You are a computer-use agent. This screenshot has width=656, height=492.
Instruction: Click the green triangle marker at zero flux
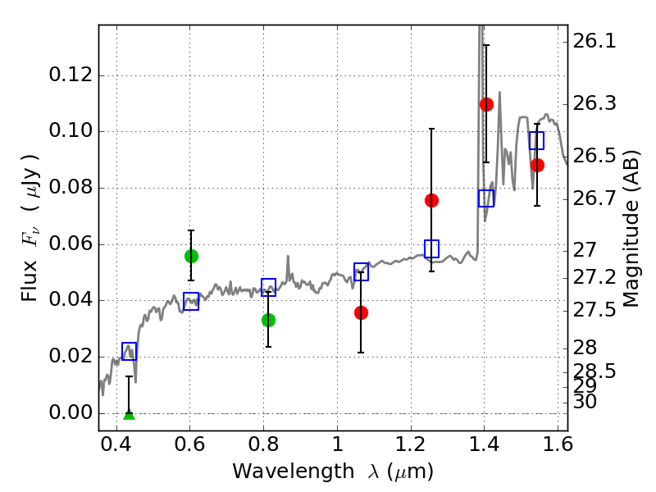pos(129,413)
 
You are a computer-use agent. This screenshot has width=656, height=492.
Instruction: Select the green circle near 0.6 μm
pos(191,256)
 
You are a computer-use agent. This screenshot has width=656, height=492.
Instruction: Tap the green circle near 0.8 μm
pos(268,320)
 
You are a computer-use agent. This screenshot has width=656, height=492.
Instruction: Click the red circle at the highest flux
pos(486,104)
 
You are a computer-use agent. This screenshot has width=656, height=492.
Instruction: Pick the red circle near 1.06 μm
pos(361,312)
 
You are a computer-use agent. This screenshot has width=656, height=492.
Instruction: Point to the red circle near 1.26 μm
pos(431,200)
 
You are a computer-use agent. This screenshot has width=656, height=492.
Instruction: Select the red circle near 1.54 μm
pos(537,165)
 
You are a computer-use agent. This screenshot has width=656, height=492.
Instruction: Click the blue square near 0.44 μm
pos(129,351)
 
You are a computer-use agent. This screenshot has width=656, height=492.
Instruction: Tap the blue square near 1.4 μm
pos(486,198)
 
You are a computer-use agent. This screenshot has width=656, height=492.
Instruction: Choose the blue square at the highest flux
pos(537,140)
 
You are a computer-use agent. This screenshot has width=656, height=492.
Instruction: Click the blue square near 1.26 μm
pos(431,248)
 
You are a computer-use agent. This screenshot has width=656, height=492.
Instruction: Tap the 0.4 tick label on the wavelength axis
pos(116,448)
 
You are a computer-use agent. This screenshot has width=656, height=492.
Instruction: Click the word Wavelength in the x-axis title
pos(279,471)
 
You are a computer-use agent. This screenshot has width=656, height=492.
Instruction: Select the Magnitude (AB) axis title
pos(631,228)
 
